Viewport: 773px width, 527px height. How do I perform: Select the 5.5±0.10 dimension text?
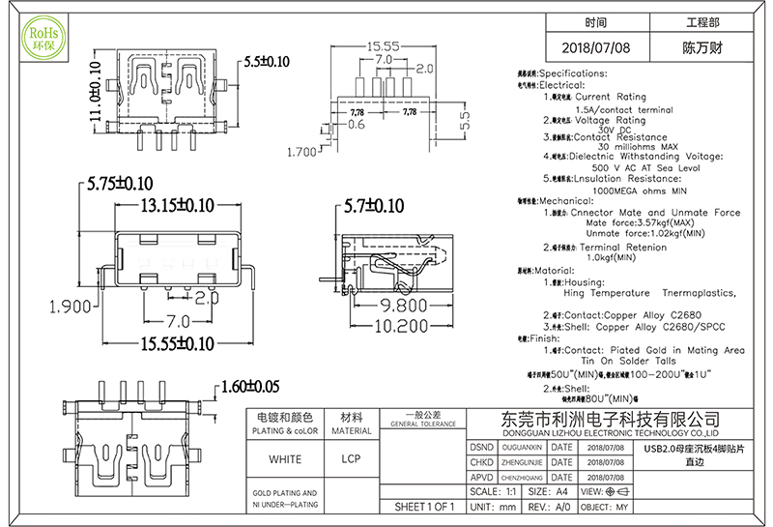pyautogui.click(x=268, y=61)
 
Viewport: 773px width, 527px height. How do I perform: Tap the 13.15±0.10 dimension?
pyautogui.click(x=178, y=205)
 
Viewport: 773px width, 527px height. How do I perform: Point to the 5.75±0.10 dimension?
pyautogui.click(x=120, y=183)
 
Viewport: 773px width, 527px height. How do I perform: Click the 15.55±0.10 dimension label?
pyautogui.click(x=177, y=343)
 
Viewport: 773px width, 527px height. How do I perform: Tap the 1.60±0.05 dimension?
pyautogui.click(x=250, y=387)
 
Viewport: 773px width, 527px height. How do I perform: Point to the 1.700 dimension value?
pyautogui.click(x=303, y=152)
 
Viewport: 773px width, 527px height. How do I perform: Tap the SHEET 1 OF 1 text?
pyautogui.click(x=424, y=507)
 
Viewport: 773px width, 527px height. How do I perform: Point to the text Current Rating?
pyautogui.click(x=611, y=97)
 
